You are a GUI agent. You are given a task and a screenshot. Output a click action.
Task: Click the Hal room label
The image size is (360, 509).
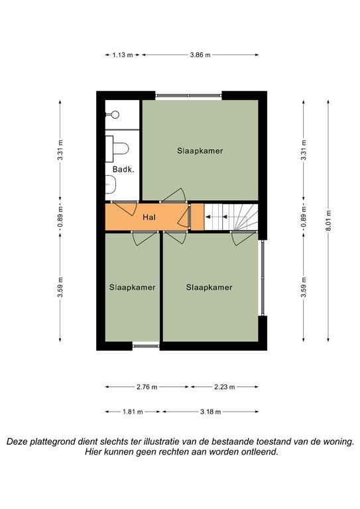click(x=149, y=217)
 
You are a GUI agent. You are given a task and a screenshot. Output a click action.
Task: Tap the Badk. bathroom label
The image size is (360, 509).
click(x=123, y=169)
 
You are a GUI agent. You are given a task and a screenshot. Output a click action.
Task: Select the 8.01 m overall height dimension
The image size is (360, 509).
click(x=328, y=221)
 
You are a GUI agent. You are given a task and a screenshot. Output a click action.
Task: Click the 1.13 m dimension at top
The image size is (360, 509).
click(x=123, y=55)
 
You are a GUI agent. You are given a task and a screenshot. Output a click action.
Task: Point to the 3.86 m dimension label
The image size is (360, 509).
click(x=200, y=55)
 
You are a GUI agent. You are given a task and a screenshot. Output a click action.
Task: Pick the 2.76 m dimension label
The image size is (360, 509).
click(x=147, y=387)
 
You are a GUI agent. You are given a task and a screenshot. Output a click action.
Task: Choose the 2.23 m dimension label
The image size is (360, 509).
click(x=225, y=387)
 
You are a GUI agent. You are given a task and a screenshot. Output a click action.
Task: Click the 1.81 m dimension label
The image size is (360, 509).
click(x=133, y=412)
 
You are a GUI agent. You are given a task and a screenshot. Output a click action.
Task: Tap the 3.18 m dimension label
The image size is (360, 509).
click(x=210, y=412)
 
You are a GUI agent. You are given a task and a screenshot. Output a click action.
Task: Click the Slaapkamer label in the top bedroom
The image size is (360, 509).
click(x=200, y=150)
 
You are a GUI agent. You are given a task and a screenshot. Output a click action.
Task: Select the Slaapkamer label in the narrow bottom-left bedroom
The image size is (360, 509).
click(x=132, y=287)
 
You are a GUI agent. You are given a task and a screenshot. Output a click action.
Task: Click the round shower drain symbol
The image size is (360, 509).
click(x=115, y=114)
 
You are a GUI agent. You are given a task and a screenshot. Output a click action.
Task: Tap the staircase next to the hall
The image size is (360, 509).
click(x=231, y=217)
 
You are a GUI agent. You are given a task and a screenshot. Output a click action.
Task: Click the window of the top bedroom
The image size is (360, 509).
click(x=188, y=95)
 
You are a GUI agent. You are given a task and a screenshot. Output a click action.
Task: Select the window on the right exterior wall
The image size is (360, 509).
click(x=263, y=278)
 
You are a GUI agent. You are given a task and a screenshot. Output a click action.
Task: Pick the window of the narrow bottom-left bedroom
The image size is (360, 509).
click(x=146, y=346)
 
